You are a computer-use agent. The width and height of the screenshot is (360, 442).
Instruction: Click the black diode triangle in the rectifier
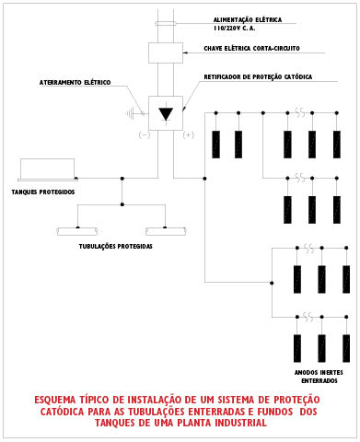point(166,114)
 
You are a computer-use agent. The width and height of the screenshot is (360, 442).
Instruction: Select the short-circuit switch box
point(166,52)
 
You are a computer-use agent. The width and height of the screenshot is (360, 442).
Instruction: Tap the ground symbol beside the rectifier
point(131,114)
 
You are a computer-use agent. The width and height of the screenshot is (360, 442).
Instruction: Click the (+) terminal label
point(189,134)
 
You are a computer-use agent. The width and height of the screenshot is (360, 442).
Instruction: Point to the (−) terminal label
point(145,134)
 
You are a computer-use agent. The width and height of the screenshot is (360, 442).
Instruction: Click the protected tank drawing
point(48,169)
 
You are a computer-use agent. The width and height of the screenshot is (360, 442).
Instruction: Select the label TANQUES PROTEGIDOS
point(43,192)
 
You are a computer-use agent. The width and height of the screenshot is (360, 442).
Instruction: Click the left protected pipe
point(77,231)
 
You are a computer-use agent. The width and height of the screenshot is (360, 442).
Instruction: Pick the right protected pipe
point(166,231)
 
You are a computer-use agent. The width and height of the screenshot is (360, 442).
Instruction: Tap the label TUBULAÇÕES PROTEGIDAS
point(116,247)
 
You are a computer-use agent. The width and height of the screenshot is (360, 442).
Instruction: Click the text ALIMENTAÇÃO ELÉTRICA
point(248,20)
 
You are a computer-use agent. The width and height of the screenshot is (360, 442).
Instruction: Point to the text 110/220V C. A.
point(235,29)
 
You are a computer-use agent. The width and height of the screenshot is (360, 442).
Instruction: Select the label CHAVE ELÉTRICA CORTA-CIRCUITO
point(251,49)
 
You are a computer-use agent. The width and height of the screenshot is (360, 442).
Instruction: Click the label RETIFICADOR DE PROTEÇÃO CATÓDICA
point(258,77)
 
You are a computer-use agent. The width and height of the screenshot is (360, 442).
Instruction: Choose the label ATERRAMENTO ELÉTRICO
point(75,83)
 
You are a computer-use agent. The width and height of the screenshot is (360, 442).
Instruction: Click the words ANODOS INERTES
point(319,373)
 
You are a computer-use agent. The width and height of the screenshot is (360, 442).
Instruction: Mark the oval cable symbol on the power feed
point(166,23)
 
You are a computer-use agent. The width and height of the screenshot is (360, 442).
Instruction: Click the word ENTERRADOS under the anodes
point(319,381)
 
